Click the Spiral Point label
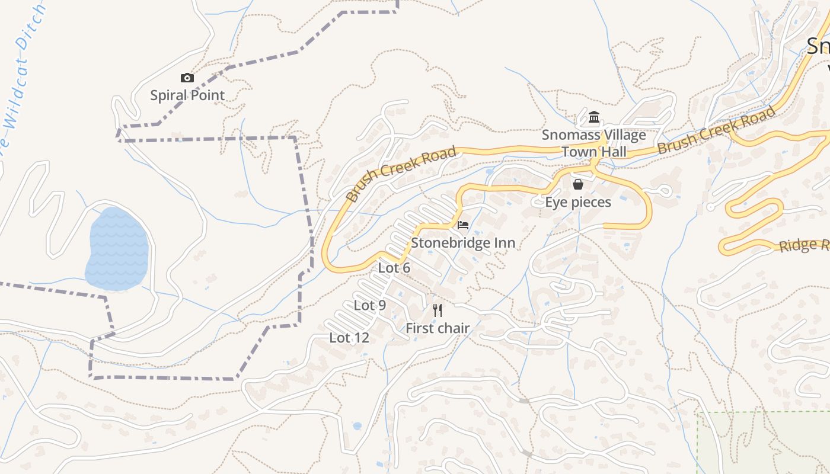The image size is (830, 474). click(187, 95)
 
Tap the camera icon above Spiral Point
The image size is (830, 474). click(187, 78)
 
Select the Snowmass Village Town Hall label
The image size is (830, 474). click(593, 143)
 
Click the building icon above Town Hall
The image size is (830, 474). click(594, 117)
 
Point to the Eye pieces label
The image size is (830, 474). click(578, 203)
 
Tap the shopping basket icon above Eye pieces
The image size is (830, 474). click(578, 184)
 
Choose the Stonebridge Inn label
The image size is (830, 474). click(463, 243)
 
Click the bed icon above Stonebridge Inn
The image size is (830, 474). click(463, 225)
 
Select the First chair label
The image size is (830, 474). click(438, 328)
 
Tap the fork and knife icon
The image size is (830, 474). click(438, 310)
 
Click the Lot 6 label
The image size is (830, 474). click(394, 268)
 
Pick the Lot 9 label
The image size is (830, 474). click(370, 306)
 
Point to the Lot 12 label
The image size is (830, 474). click(349, 338)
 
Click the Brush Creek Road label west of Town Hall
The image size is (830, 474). click(401, 174)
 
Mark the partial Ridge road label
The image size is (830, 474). click(804, 245)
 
